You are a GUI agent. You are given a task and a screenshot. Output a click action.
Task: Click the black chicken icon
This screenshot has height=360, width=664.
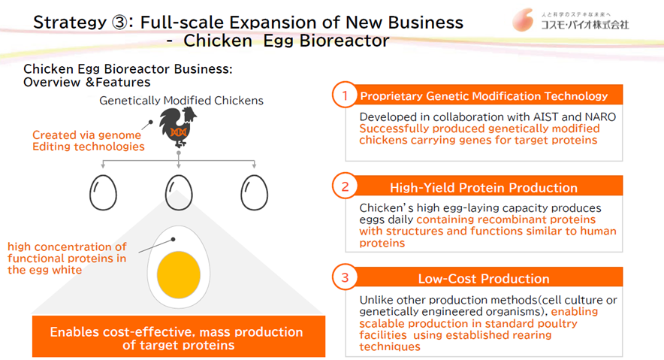(178, 126)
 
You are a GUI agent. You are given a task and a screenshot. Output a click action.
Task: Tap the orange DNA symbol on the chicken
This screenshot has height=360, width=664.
(178, 132)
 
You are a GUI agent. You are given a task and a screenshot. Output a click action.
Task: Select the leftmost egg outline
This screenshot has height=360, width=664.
(103, 192)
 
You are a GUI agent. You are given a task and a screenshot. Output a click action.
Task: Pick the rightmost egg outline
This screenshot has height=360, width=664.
(254, 192)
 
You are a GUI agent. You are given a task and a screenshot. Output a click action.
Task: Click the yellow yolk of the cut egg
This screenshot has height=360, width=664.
(179, 274)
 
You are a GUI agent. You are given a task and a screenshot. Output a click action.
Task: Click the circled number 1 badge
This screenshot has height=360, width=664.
(345, 95)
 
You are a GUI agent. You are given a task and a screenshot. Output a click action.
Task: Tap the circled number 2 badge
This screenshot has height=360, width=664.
(345, 186)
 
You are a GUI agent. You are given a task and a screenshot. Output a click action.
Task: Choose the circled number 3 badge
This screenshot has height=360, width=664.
(345, 277)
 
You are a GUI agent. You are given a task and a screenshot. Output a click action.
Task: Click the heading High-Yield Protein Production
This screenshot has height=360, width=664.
(484, 188)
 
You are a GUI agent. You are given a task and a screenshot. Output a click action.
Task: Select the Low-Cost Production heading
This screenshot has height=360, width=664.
(484, 279)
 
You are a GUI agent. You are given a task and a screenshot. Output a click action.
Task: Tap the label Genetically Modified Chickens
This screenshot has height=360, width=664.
(181, 101)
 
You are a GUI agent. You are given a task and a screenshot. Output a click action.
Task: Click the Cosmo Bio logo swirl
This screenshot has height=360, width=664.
(523, 20)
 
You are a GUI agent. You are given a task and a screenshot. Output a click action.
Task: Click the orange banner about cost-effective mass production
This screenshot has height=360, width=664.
(179, 336)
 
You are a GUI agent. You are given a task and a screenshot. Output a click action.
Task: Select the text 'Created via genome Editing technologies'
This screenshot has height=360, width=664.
(88, 141)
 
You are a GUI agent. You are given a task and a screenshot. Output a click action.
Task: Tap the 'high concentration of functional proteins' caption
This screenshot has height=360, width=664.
(67, 259)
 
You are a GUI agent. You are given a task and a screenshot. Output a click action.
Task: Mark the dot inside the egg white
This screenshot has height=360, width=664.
(173, 239)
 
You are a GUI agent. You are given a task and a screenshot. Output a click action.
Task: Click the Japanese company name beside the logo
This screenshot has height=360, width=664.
(585, 25)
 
